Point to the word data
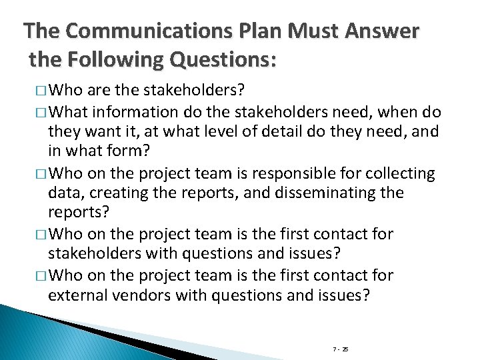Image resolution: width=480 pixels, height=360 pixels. [x=63, y=194]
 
